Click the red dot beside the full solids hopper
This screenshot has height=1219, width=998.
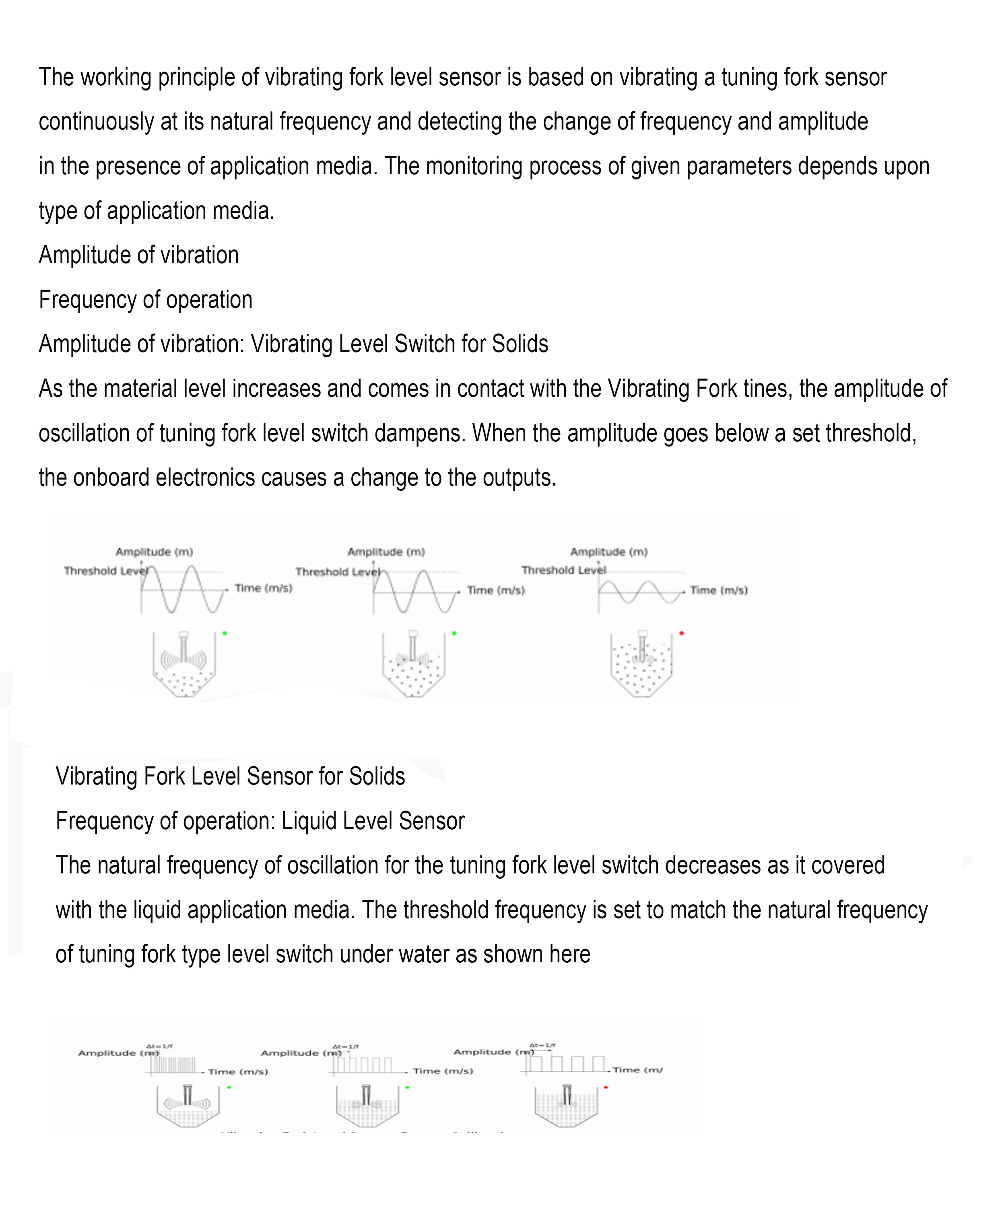pyautogui.click(x=681, y=633)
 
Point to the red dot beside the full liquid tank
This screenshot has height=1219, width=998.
pyautogui.click(x=606, y=1087)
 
